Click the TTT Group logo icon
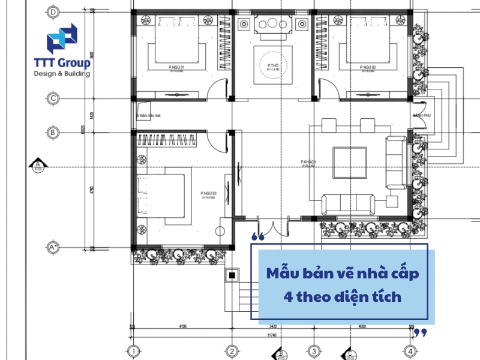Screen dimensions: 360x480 click(x=62, y=38)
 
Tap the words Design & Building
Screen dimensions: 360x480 click(x=62, y=74)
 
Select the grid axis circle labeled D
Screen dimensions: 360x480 click(x=53, y=12)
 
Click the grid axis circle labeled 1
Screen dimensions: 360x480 click(x=134, y=351)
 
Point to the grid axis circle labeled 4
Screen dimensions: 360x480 click(x=410, y=351)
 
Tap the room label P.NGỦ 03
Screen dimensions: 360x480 click(x=209, y=193)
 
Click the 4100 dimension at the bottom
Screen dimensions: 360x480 click(x=182, y=327)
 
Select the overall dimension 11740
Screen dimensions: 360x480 click(x=271, y=335)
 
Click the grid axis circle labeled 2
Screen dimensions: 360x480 click(x=232, y=351)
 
